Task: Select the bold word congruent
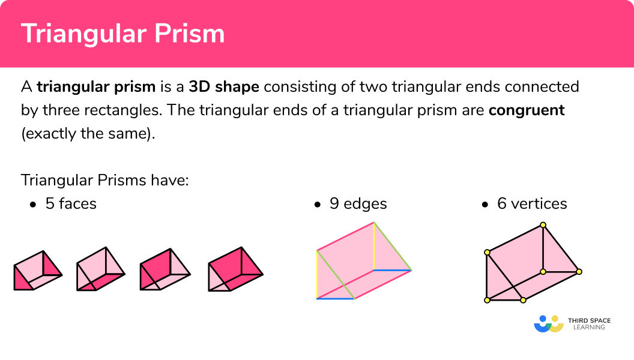point(527,110)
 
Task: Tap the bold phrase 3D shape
point(224,86)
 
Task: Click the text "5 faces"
point(71,204)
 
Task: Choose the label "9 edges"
point(358,204)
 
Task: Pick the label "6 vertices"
point(532,204)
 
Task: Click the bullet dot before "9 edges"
point(318,205)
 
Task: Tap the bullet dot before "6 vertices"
point(485,205)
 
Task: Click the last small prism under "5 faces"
point(235,270)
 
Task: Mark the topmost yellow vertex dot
point(543,226)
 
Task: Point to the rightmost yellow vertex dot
point(579,272)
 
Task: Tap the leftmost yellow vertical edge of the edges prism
point(317,274)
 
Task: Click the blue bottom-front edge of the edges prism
point(336,298)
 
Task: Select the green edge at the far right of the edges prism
point(393,247)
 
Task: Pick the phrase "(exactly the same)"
point(88,134)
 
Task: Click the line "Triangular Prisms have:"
point(105,180)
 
